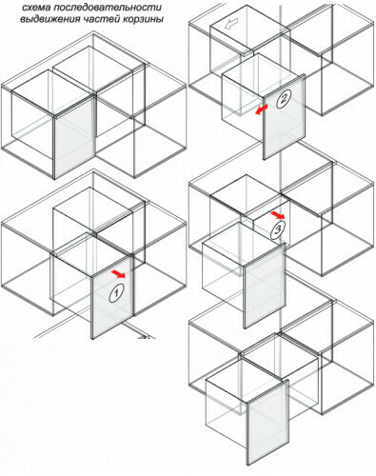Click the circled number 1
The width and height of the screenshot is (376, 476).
pos(116,293)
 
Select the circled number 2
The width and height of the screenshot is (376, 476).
pos(283,99)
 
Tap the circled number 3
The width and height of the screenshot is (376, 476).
pos(278,229)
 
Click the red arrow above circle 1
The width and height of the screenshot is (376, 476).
pos(118,274)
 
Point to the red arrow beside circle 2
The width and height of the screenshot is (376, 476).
pos(261,109)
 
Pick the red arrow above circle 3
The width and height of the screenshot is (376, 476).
pos(278,215)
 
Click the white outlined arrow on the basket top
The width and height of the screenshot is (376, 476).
pos(230,24)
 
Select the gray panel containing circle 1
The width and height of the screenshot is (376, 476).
pos(112,297)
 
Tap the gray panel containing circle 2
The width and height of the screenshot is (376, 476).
pos(284,117)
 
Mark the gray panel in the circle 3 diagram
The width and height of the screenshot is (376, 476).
pos(265,286)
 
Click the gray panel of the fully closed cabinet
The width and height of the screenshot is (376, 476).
pos(75,137)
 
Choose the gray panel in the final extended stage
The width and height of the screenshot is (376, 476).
pos(268,423)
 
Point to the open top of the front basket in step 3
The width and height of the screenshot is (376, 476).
pos(243,244)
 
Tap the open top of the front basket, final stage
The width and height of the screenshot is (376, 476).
pos(247,380)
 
